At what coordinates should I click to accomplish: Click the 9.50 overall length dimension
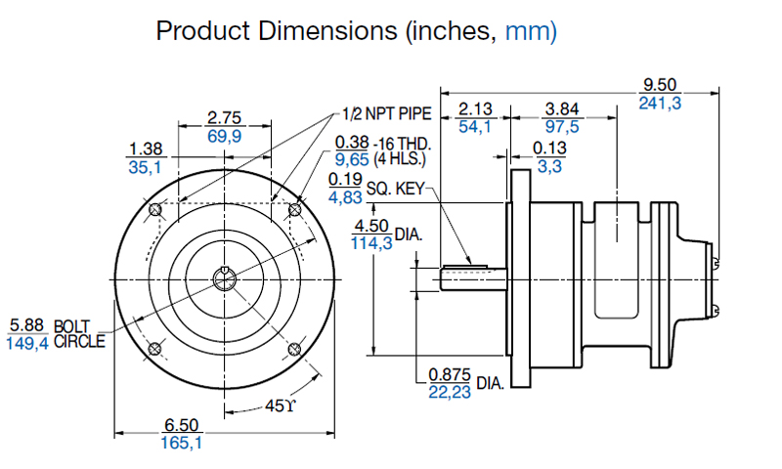coord(660,84)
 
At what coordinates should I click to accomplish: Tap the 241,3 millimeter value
coord(660,103)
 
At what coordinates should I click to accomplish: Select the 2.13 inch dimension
coord(475,107)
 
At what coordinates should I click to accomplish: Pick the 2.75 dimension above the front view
coord(225,118)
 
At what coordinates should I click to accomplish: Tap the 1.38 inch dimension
coord(145,149)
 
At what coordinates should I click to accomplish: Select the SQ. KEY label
coord(395,186)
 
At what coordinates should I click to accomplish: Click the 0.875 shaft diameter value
coord(451,374)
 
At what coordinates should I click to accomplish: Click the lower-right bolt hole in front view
coord(294,349)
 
